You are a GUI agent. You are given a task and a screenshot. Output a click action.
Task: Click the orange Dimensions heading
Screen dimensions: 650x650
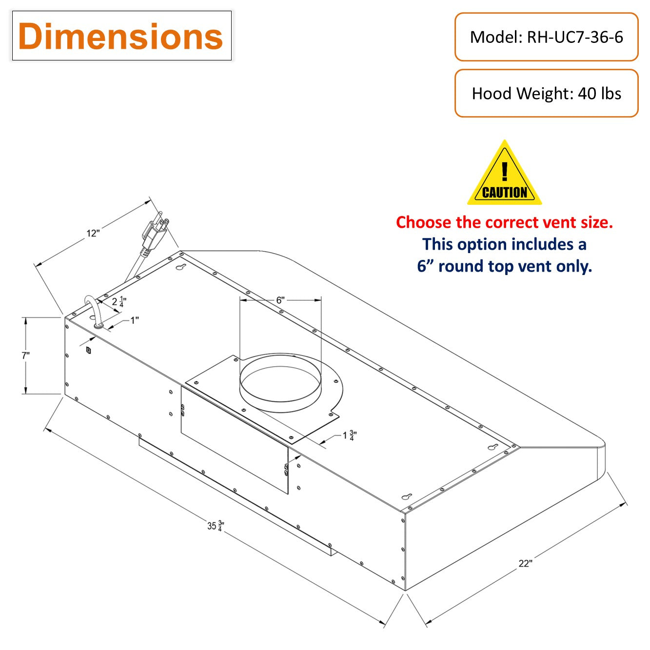(x=120, y=37)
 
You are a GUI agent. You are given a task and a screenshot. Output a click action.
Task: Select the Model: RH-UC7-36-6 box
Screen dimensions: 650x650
(x=546, y=37)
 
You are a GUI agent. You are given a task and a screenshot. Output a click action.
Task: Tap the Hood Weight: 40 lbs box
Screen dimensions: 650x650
(x=546, y=93)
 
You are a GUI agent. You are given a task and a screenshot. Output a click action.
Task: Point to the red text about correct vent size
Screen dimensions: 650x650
(x=504, y=222)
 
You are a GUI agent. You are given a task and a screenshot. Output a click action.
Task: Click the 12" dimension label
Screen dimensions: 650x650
(x=93, y=233)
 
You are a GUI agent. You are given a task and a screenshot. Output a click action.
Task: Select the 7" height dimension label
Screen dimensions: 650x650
(x=25, y=355)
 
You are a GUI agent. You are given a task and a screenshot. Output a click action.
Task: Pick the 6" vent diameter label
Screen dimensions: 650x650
(x=280, y=300)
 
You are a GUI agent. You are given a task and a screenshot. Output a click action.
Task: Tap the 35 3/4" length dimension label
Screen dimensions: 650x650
(x=215, y=526)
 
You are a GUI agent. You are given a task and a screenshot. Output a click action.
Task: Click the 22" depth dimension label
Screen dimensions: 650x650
(x=525, y=563)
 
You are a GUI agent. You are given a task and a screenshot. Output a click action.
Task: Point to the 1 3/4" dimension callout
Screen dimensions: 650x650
(x=350, y=435)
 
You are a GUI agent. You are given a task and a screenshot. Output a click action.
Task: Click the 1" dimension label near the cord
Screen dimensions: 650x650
(x=134, y=320)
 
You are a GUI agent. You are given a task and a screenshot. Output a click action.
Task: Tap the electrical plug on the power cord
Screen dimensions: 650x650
(x=155, y=233)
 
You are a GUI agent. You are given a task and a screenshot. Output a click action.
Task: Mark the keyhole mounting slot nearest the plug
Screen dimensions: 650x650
(x=181, y=268)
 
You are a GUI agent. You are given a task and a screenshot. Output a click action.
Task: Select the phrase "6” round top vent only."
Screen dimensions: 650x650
(x=504, y=266)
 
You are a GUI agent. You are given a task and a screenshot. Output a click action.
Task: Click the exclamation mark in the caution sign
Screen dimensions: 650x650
(x=505, y=171)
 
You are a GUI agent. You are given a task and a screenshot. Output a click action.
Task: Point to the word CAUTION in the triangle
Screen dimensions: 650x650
(x=505, y=193)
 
